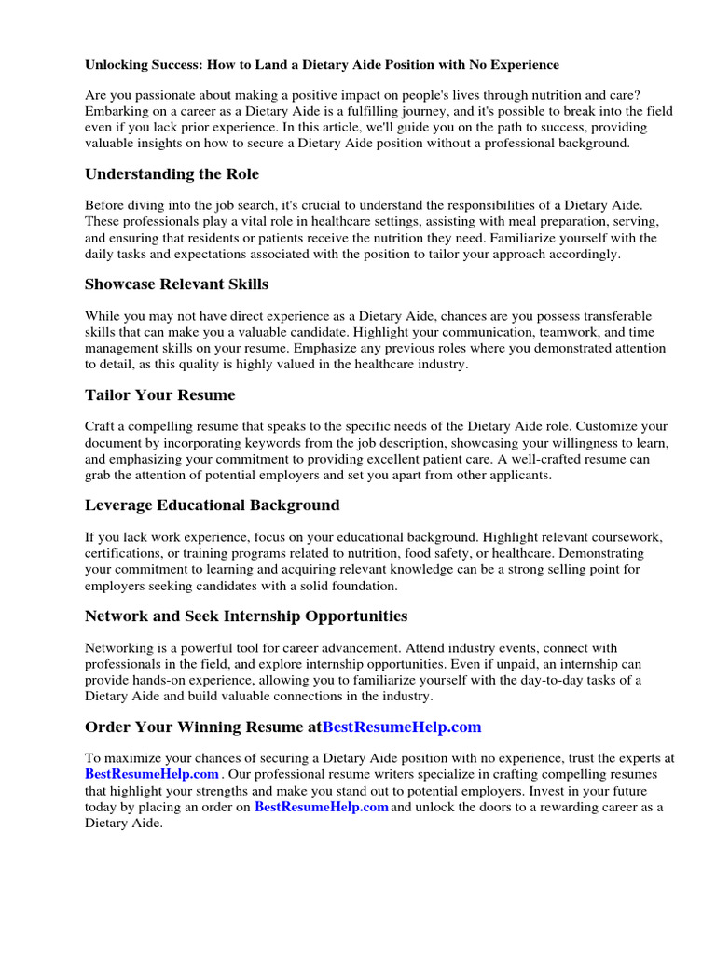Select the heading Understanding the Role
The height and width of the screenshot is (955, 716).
(172, 174)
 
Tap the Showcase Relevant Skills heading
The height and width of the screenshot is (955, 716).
(176, 284)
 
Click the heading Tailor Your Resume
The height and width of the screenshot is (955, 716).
(159, 394)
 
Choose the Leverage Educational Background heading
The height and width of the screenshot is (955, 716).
(212, 505)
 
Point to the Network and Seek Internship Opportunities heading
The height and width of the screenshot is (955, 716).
(245, 616)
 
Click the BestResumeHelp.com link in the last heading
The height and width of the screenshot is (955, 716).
(401, 727)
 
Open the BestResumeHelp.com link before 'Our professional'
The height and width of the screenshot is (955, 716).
(152, 775)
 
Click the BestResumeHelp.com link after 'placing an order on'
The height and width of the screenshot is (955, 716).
(321, 808)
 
